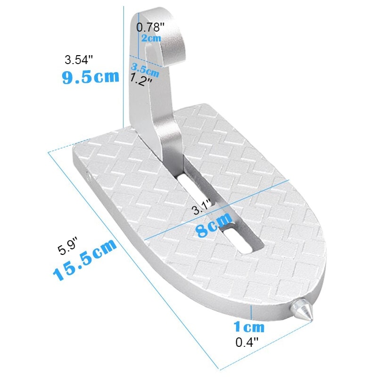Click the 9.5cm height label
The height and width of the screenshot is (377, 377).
click(90, 77)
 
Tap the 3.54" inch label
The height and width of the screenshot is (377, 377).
click(79, 60)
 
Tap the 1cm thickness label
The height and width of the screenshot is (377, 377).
click(249, 326)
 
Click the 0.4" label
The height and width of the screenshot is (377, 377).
click(247, 343)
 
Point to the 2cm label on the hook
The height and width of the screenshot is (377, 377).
click(151, 38)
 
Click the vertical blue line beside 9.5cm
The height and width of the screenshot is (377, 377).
click(123, 66)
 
